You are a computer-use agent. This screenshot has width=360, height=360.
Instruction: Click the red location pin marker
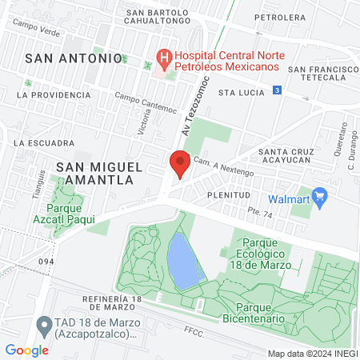click(x=179, y=164)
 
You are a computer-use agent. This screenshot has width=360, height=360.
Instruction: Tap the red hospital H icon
click(x=165, y=58)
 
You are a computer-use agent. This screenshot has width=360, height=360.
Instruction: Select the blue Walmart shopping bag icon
click(x=320, y=194)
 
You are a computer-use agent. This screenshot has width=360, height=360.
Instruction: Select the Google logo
click(x=27, y=350)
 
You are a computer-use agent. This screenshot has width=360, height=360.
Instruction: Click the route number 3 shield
click(x=276, y=91)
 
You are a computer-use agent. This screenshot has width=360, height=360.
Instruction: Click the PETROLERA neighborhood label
click(x=279, y=16)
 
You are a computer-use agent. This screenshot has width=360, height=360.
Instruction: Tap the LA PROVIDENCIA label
click(x=54, y=94)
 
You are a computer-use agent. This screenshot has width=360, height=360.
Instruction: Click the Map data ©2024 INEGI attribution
click(x=311, y=353)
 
